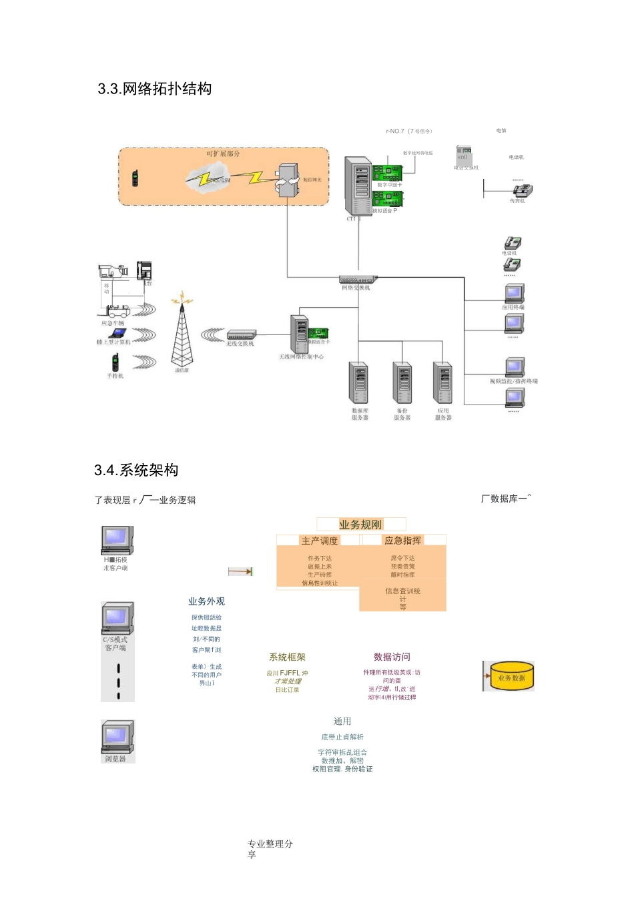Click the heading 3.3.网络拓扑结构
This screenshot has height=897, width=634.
[155, 89]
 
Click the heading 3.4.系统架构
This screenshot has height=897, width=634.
[136, 470]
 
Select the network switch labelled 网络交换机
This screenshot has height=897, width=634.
[358, 279]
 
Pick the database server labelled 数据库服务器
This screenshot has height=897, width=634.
[359, 383]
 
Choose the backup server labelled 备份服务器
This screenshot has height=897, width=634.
[402, 383]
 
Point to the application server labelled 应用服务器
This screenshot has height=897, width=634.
[443, 383]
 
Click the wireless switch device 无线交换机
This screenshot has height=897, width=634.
[241, 334]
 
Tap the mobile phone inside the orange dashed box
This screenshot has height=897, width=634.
[135, 178]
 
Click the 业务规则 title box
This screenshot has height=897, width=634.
[360, 525]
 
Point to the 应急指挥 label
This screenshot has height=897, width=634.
[402, 541]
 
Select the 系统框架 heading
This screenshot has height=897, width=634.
[287, 657]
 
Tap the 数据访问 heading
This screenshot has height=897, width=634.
[392, 657]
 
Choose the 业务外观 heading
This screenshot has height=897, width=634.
[206, 601]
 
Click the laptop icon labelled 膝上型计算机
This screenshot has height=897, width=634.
[118, 333]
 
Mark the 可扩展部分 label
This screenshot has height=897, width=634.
[223, 154]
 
